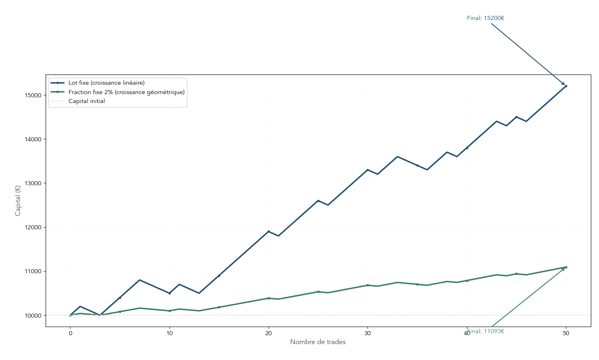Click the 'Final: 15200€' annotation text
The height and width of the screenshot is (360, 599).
(x=485, y=18)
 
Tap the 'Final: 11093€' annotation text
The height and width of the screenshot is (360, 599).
(x=485, y=331)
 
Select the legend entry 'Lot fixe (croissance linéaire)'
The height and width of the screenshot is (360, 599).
(x=106, y=83)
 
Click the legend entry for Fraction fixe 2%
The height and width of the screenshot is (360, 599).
(x=126, y=92)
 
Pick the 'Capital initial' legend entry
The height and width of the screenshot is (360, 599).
(x=86, y=101)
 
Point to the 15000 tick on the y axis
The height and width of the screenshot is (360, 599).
(x=33, y=95)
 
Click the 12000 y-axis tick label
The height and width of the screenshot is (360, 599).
(x=33, y=228)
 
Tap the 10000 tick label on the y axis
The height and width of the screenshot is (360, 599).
(x=33, y=316)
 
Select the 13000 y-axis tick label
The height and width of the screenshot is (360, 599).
(x=33, y=183)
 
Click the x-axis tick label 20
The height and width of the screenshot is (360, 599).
(x=269, y=334)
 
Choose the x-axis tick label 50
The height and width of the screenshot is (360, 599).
(x=566, y=334)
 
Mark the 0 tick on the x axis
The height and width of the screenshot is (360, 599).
(x=70, y=334)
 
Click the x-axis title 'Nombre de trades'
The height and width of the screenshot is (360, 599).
(x=318, y=342)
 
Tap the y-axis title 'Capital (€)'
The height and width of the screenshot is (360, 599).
(x=18, y=201)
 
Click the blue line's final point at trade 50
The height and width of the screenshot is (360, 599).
(x=566, y=86)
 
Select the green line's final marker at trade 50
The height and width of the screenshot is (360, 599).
(x=566, y=267)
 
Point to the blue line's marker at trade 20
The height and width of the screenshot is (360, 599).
(x=269, y=231)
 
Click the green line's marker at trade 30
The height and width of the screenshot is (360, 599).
(x=368, y=285)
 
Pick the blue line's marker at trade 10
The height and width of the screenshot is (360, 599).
(x=170, y=293)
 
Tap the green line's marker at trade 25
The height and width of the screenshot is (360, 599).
(x=318, y=292)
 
